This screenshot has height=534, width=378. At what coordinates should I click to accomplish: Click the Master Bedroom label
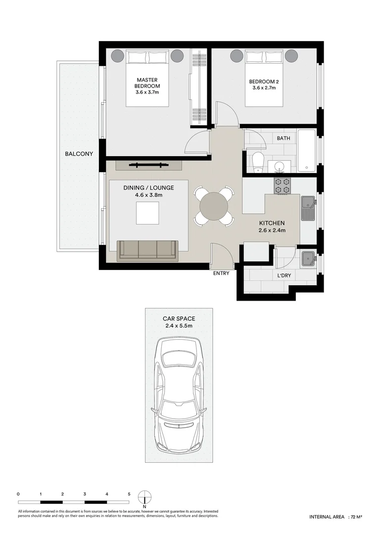tap(147, 83)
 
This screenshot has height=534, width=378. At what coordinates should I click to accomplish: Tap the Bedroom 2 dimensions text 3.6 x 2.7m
tap(264, 88)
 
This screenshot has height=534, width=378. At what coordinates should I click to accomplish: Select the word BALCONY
tap(79, 154)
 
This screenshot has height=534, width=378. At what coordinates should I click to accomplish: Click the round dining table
tap(214, 206)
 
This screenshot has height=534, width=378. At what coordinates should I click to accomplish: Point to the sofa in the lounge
tap(147, 251)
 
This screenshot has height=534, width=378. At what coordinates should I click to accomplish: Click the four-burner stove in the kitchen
tap(283, 186)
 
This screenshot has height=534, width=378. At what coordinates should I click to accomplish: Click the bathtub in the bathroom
tap(306, 150)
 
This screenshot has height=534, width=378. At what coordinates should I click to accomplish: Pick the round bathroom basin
tap(280, 167)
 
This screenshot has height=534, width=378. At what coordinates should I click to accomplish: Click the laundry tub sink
tap(309, 259)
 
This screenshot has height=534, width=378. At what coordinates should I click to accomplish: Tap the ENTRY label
tap(221, 273)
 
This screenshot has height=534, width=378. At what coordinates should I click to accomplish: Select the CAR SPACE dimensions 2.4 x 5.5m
tap(179, 326)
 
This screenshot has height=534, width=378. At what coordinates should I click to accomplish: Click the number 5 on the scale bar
tap(129, 494)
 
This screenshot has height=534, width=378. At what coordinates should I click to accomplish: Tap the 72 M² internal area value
tap(356, 526)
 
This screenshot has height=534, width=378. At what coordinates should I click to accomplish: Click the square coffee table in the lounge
tap(147, 213)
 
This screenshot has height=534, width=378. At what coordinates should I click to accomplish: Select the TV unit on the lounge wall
tap(148, 166)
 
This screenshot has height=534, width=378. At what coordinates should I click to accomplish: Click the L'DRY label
tap(284, 275)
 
